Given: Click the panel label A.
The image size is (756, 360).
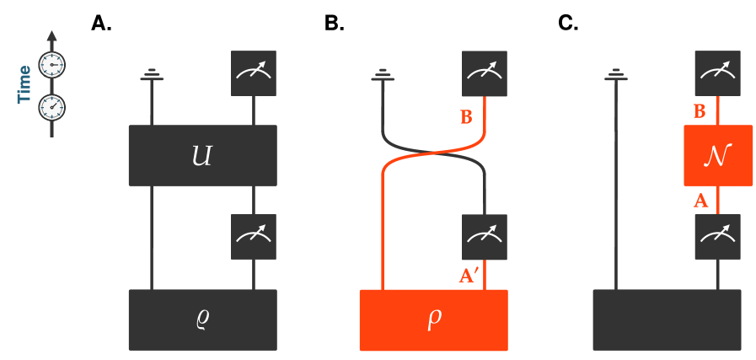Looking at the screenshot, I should pos(102,23).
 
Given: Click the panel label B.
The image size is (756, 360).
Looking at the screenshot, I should pos(335,23).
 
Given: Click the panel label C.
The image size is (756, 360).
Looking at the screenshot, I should pos(568,23).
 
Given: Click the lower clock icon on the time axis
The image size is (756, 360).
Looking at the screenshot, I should pos(52,107).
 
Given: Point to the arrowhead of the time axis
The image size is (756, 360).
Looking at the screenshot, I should pos(52,37).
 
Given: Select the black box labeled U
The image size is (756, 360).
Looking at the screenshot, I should pos(202,155).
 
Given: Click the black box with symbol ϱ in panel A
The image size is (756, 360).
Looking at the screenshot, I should pos(202,320).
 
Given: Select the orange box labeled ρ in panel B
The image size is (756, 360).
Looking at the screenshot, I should pos(434,320).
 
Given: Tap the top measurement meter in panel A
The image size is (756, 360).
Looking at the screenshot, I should pos(254,73).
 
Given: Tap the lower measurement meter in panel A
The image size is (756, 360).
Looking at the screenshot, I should pos(254,237).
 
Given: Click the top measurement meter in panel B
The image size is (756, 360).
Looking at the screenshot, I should pos(485,73).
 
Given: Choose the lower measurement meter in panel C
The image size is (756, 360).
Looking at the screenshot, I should pos(717,237).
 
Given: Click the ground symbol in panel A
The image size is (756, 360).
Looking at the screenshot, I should pos(152,76).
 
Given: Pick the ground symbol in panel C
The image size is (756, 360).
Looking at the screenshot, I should pos(615,76).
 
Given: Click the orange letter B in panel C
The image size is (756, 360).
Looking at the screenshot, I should pos(699,111).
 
